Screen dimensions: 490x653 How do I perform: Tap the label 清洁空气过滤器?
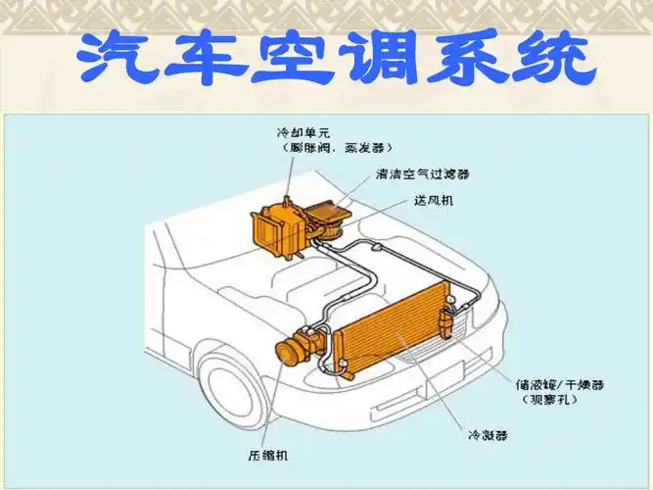tap(422, 174)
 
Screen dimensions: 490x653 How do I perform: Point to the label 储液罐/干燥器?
tap(553, 385)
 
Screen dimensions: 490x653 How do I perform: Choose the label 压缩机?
tap(267, 455)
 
